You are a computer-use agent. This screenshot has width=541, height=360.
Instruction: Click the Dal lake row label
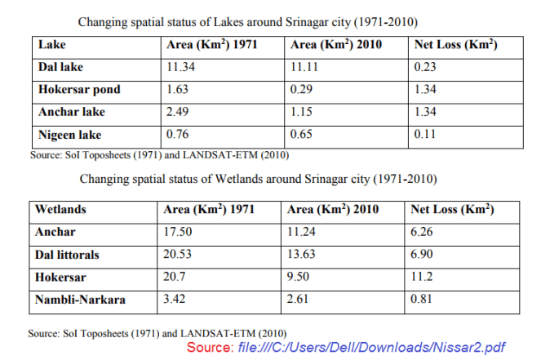[61, 67]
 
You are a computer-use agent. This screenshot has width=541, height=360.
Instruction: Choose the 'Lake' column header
[51, 45]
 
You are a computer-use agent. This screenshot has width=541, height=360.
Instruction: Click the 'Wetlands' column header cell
[60, 210]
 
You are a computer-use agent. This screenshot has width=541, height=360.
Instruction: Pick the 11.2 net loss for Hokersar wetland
[424, 277]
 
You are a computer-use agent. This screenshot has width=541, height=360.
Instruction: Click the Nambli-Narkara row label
[80, 300]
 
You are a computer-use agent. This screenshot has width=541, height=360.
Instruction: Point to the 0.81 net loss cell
[426, 300]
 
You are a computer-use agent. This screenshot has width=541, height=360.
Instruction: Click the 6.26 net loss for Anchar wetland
[426, 232]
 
